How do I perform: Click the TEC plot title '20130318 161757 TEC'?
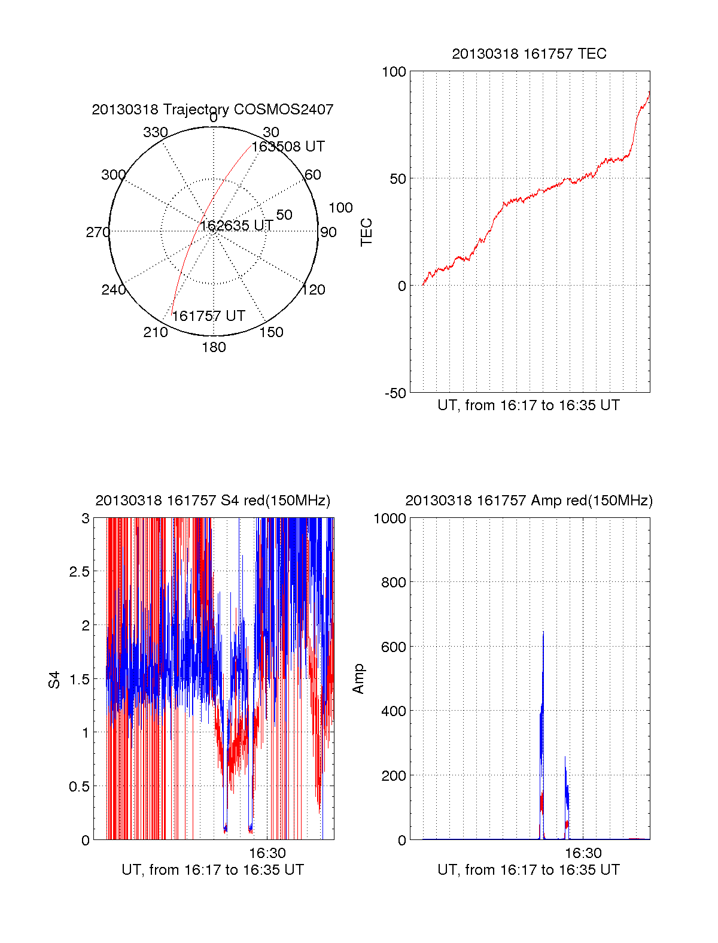529,54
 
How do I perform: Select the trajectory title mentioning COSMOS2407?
212,110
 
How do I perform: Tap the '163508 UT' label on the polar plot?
288,147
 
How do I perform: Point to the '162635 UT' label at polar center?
236,226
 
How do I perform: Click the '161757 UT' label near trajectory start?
208,316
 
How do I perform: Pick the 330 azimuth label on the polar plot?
156,132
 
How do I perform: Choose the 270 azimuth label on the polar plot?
98,232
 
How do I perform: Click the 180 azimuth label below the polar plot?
214,347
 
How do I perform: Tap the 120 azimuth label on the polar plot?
314,290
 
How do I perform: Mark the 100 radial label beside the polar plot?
340,208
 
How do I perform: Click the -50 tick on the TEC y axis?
395,393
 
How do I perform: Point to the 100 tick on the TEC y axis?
394,72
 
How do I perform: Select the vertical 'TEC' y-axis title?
366,232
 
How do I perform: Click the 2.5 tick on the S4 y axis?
79,572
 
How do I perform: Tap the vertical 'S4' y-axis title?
54,680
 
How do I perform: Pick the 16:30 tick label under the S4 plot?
267,853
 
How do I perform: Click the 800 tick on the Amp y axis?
393,583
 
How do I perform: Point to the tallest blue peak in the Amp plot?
543,632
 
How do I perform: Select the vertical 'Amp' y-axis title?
358,679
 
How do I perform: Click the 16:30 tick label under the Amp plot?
583,853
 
